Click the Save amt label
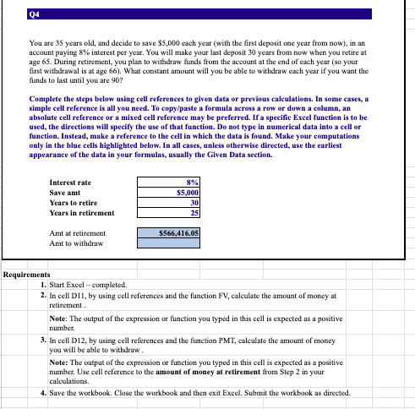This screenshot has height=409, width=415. pyautogui.click(x=66, y=193)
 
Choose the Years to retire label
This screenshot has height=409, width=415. pyautogui.click(x=74, y=203)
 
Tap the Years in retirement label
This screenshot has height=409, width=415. pyautogui.click(x=82, y=213)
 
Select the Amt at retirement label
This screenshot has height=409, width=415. pyautogui.click(x=78, y=232)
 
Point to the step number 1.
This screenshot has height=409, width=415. pyautogui.click(x=43, y=285)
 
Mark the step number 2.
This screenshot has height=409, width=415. pyautogui.click(x=43, y=296)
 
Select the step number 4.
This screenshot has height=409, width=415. pyautogui.click(x=43, y=393)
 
